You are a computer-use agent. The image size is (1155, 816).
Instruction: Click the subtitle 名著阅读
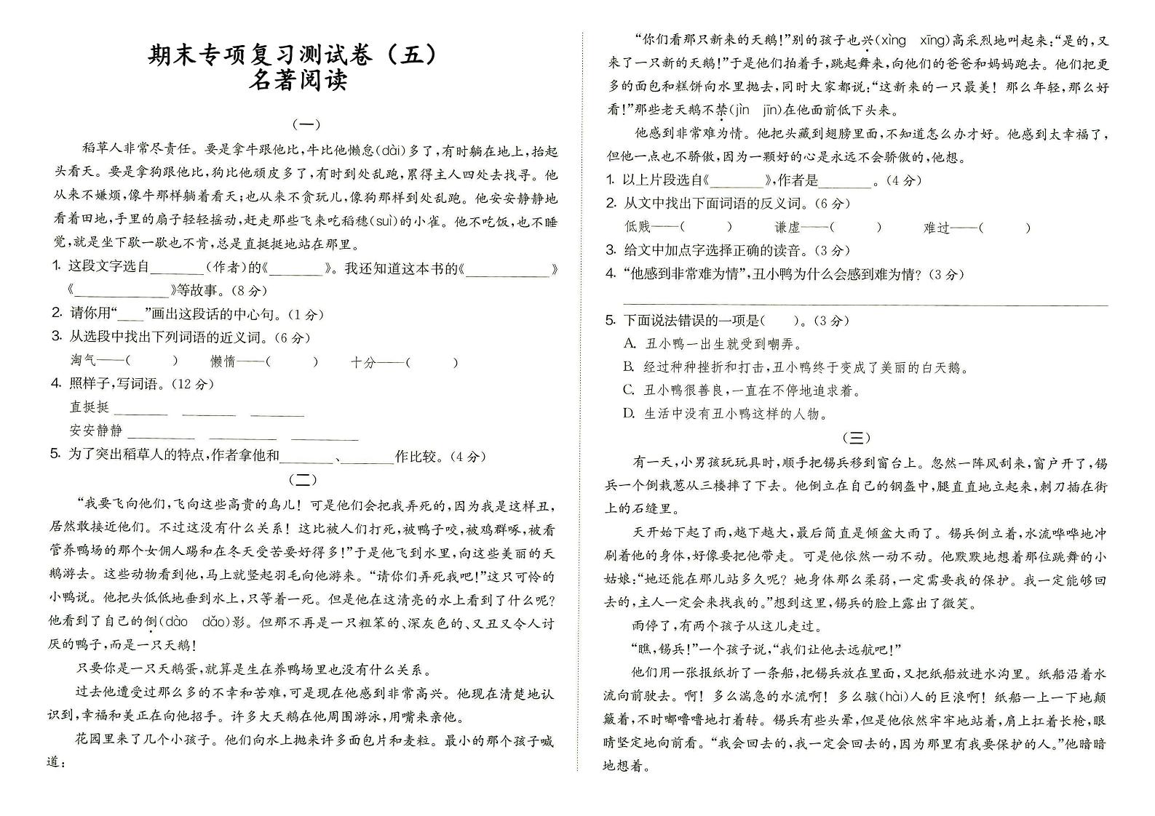pos(299,79)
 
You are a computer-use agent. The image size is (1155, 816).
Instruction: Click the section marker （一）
pos(305,124)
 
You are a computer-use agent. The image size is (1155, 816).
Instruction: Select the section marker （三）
pos(856,437)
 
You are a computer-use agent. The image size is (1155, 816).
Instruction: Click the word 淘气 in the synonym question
pos(83,361)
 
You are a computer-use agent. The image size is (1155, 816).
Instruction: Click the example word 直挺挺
pos(89,407)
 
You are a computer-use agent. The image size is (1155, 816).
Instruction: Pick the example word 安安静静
pos(96,431)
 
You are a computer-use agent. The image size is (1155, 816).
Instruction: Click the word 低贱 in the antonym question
pos(638,227)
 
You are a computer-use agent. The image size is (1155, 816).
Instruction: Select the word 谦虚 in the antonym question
pos(787,227)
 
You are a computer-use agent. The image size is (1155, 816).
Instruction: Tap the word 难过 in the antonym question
pos(937,227)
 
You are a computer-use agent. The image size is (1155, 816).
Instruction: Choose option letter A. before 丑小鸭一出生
pos(630,344)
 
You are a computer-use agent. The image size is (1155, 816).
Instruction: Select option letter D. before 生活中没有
pos(630,414)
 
